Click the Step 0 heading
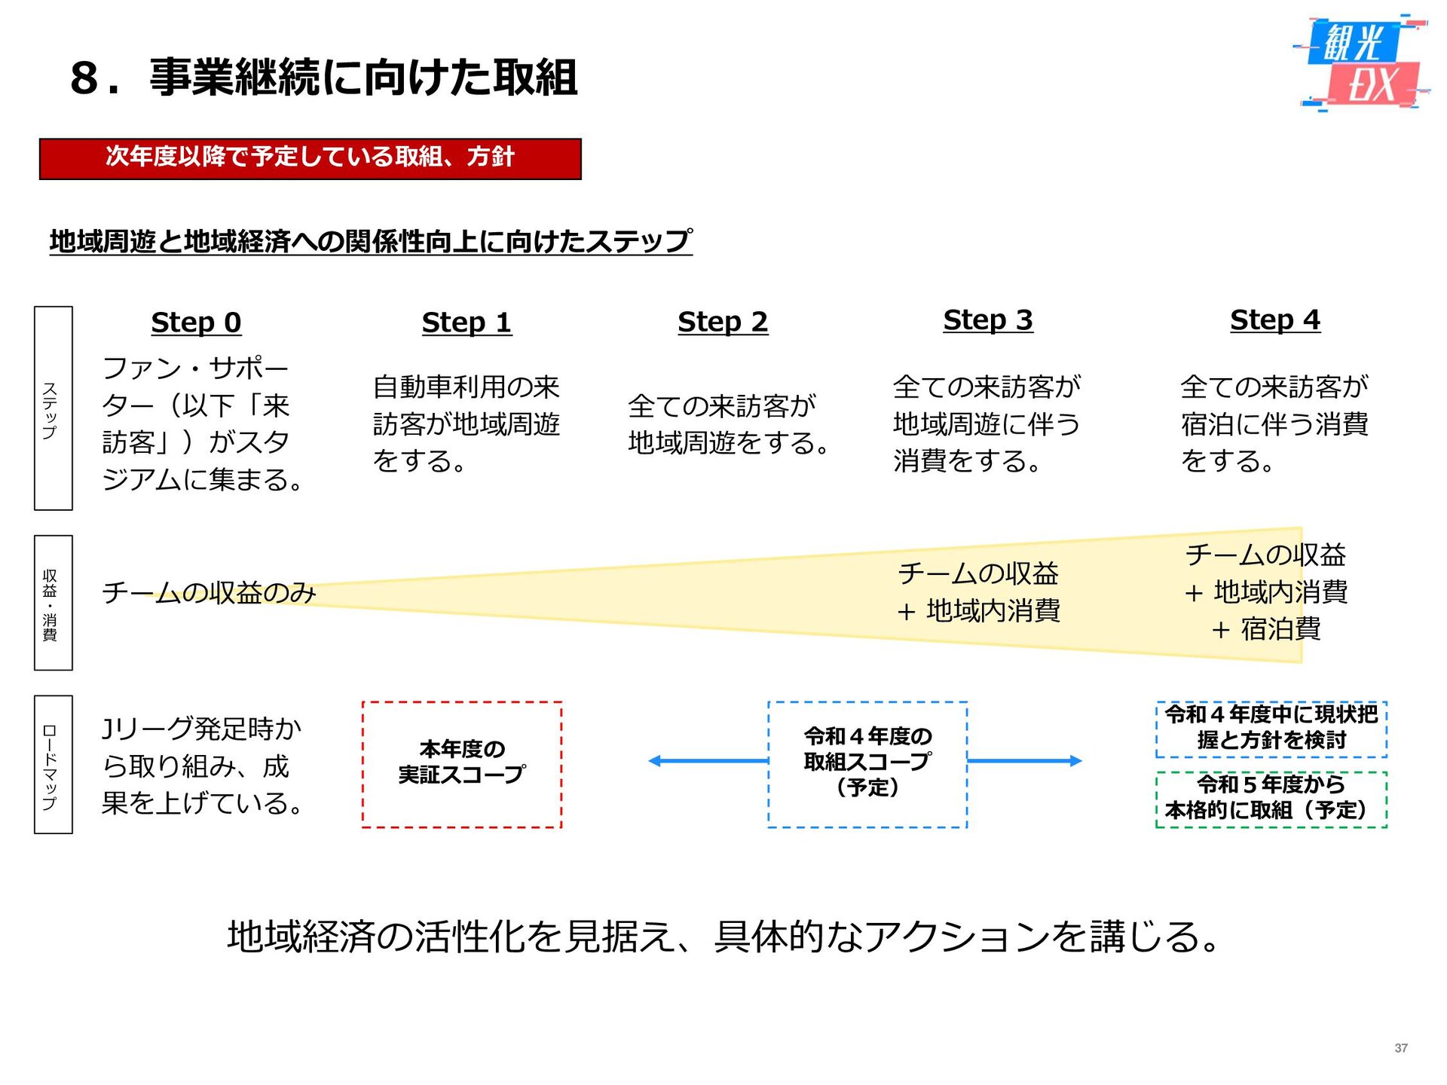pos(196,322)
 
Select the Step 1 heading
pos(467,322)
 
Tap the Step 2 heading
pos(723,322)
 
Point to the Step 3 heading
pos(988,320)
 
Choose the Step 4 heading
pos(1275,320)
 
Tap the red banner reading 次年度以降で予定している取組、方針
pos(310,158)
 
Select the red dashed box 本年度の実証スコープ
pos(462,764)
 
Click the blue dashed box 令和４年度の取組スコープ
pos(867,764)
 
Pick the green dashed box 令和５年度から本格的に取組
pos(1271,799)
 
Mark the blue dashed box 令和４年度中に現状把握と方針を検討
pos(1271,729)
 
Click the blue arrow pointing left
pos(708,761)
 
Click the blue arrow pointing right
pos(1024,761)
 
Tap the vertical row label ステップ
pos(53,408)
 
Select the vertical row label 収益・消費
pos(53,603)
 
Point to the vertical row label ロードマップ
pos(53,764)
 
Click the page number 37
pos(1401,1048)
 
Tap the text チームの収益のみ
pos(209,593)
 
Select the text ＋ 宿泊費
pos(1266,629)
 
